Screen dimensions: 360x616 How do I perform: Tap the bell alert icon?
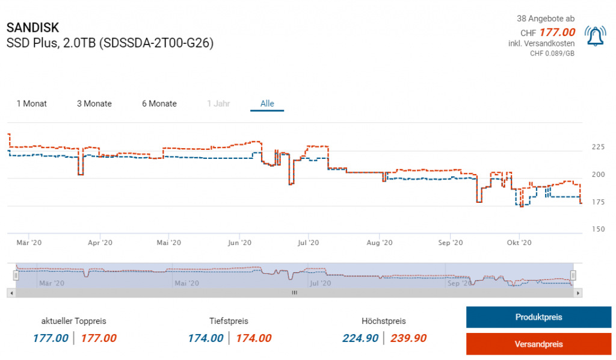595,36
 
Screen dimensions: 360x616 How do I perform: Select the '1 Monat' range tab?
32,104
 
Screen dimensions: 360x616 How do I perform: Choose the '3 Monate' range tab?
94,104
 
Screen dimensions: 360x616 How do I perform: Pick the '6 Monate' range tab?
159,104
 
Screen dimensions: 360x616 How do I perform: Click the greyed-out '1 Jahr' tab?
218,104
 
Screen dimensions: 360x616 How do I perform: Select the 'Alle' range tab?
267,104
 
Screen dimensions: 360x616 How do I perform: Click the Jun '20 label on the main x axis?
240,243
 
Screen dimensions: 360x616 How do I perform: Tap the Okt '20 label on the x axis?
520,243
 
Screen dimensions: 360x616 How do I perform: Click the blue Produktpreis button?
538,317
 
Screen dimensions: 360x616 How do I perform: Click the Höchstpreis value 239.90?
408,338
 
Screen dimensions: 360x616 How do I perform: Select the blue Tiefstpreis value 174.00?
206,338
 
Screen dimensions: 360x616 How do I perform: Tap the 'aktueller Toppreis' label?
74,321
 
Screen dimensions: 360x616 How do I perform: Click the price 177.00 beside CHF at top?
557,33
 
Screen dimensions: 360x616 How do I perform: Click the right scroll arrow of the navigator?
578,293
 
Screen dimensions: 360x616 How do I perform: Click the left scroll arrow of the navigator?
10,293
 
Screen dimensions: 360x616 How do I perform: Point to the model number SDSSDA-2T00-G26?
156,43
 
